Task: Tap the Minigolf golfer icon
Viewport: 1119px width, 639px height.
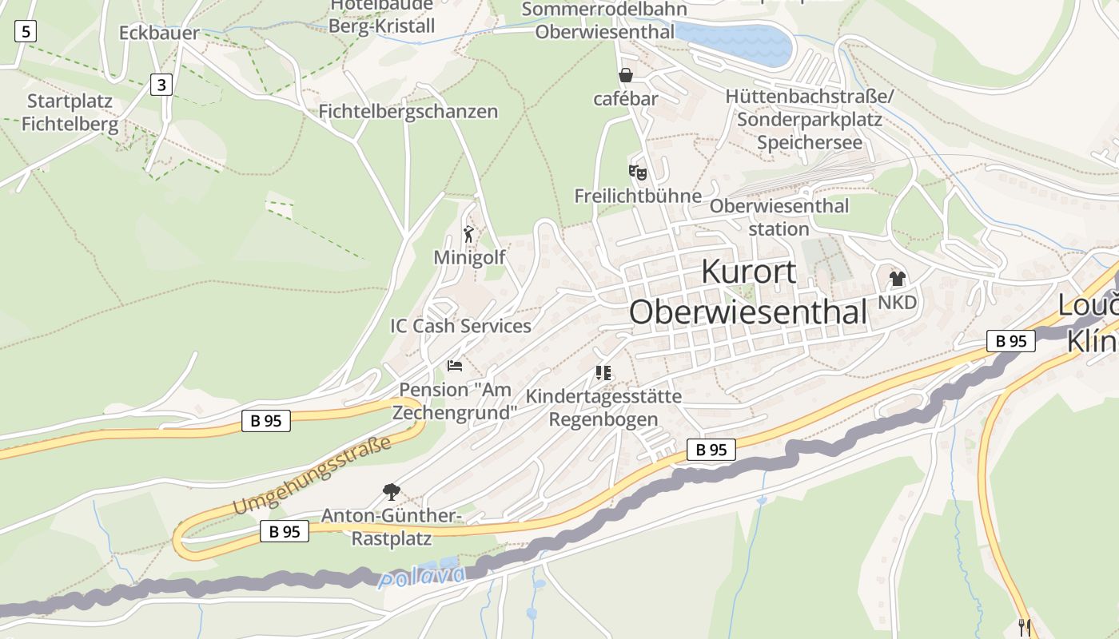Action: pos(469,234)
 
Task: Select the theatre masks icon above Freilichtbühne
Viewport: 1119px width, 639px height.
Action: pos(637,172)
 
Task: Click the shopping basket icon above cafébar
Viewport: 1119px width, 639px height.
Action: pos(625,75)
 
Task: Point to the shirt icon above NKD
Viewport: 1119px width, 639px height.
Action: pos(897,279)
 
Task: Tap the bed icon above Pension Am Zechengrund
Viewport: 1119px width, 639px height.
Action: pos(455,366)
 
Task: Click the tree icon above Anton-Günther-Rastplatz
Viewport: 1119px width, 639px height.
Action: pos(391,491)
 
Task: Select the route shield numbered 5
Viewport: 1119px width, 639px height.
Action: pos(26,32)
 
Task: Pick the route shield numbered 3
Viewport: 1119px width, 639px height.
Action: pos(161,84)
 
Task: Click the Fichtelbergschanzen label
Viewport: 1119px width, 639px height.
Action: pos(408,112)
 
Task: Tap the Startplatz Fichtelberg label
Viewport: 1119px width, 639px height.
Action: pos(70,113)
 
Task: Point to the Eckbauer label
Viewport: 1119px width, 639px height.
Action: pos(158,33)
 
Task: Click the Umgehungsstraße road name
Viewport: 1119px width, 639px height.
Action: pos(313,475)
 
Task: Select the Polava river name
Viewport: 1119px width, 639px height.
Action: pos(422,577)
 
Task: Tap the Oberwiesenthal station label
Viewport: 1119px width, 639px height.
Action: pos(779,217)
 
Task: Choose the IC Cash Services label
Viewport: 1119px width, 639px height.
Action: pos(460,326)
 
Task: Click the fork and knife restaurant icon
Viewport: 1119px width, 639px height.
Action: pos(1024,627)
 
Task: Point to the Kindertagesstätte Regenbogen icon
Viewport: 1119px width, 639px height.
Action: pos(603,373)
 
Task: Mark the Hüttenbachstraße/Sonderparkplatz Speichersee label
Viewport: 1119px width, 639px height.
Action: pos(810,119)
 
